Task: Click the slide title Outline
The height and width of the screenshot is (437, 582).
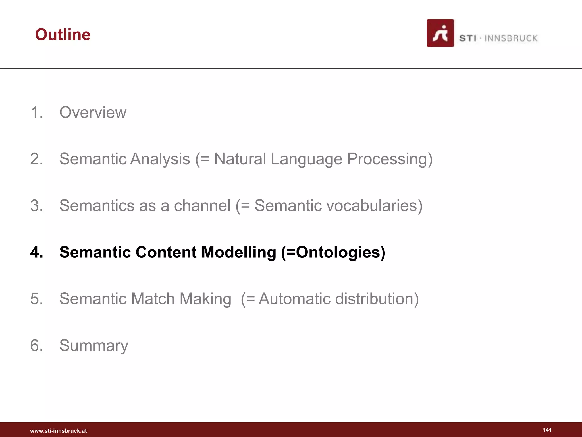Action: (63, 35)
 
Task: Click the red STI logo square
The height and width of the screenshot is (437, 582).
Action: (440, 33)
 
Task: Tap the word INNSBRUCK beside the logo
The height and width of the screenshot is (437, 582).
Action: (511, 38)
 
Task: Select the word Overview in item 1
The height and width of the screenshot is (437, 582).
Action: (93, 112)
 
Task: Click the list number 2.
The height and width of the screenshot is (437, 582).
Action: (36, 159)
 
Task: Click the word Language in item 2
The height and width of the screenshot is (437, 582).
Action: (306, 159)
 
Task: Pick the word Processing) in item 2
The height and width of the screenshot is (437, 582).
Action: (390, 159)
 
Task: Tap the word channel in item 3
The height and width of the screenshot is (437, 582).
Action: (202, 205)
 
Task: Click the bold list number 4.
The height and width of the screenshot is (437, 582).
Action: (37, 252)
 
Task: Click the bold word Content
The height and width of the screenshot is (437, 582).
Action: (166, 252)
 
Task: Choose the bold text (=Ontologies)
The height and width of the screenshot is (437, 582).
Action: (333, 252)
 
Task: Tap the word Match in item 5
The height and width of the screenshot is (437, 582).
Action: (153, 299)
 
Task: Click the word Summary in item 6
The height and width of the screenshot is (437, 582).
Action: (94, 345)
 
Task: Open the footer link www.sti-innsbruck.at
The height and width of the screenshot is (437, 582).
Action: (58, 431)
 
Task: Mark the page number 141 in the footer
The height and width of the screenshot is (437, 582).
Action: (547, 430)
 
